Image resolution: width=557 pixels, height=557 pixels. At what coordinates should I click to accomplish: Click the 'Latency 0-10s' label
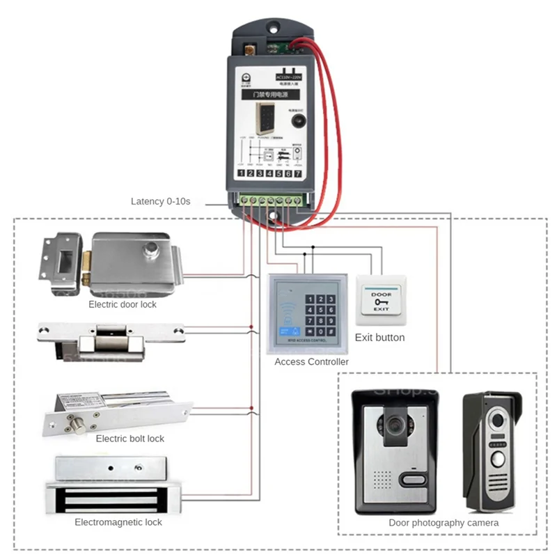pos(160,201)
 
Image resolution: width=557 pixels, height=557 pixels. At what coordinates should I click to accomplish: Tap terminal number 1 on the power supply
pos(241,173)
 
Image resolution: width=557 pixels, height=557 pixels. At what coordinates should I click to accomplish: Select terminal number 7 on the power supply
pos(298,173)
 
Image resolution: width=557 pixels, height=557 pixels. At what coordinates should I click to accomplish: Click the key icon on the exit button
pos(379,304)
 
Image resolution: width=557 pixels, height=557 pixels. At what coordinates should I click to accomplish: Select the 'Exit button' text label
pos(379,338)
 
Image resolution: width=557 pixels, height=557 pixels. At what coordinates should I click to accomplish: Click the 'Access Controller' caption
pos(311,362)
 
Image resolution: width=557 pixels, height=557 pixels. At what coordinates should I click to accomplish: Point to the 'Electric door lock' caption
pos(123,304)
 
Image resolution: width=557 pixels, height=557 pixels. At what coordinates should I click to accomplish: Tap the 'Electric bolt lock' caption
pos(130,439)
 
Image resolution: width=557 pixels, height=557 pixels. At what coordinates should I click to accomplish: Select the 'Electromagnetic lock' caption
pos(118,522)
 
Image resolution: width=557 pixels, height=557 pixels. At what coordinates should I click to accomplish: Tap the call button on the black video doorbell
pos(412,479)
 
